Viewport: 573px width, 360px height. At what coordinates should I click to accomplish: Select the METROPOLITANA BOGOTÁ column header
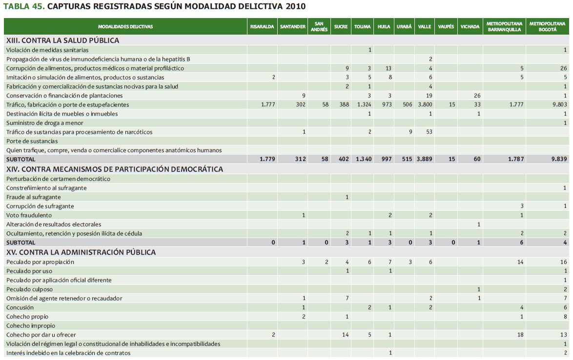[x=547, y=26]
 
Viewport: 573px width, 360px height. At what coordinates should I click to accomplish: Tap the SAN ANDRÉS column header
[x=319, y=26]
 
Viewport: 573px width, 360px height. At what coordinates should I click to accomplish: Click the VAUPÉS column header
[x=446, y=26]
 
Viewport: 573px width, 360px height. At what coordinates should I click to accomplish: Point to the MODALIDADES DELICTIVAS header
[x=125, y=26]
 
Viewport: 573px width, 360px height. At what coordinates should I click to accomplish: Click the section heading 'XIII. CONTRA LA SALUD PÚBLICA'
[x=62, y=40]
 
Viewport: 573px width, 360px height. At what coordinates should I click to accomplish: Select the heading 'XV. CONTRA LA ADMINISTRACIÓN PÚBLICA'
[x=81, y=252]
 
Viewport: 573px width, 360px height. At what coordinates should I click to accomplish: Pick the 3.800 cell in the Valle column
[x=424, y=104]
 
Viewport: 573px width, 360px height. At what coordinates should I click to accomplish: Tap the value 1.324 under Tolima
[x=364, y=104]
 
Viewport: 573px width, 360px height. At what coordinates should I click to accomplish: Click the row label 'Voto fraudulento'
[x=29, y=215]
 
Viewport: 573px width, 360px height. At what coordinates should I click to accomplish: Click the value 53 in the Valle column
[x=429, y=132]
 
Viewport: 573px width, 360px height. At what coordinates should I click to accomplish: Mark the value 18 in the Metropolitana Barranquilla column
[x=520, y=335]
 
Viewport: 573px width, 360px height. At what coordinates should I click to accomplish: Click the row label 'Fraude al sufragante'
[x=33, y=197]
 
